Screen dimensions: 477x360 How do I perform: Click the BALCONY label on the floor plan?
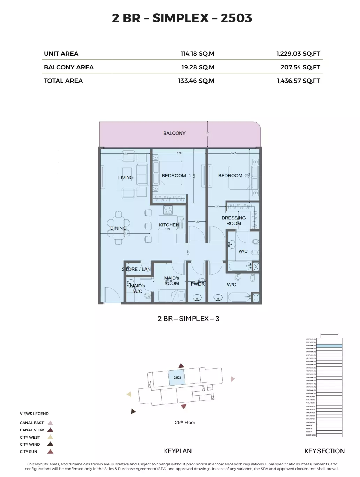[x=174, y=133]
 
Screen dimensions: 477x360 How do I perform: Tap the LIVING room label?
[x=126, y=177]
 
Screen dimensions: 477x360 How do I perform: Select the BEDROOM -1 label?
[x=176, y=176]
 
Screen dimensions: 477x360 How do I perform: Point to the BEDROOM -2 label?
[x=233, y=176]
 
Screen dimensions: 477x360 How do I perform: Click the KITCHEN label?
[x=169, y=225]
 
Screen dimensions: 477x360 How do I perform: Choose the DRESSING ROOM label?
[x=234, y=220]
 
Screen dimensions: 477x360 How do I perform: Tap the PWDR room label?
[x=197, y=284]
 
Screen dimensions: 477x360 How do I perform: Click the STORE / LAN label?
[x=136, y=269]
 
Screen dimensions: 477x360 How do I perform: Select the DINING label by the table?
[x=118, y=228]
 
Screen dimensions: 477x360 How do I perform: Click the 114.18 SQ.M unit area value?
[x=197, y=54]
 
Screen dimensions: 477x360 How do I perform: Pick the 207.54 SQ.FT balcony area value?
[x=300, y=67]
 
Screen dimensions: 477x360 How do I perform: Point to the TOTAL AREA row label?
[x=63, y=81]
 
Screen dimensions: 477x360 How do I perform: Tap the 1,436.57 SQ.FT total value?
[x=298, y=81]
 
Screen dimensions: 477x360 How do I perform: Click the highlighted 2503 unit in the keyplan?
[x=177, y=378]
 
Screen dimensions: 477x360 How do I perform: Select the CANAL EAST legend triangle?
[x=50, y=423]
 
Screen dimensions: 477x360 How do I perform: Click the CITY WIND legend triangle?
[x=50, y=444]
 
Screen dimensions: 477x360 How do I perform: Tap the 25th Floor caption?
[x=185, y=422]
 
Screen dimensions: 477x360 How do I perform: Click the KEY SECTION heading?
[x=324, y=451]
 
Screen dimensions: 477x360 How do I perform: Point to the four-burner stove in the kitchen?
[x=168, y=210]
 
